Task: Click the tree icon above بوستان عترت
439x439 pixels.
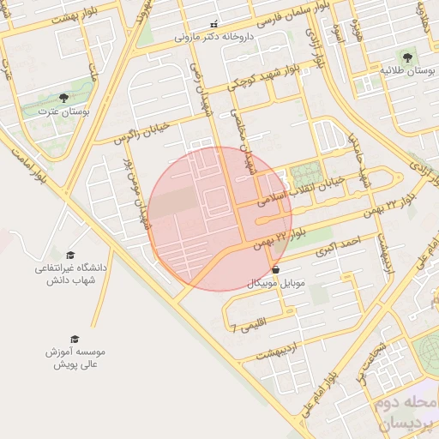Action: [x=64, y=98]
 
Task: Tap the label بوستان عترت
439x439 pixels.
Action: [x=64, y=111]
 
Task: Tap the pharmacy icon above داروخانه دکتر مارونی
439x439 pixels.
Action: [x=213, y=24]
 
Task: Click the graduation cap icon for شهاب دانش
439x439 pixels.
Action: [x=70, y=255]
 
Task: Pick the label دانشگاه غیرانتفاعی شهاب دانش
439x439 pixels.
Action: [x=70, y=274]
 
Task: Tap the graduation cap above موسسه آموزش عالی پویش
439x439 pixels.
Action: [x=74, y=339]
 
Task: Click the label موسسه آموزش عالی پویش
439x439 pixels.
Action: [x=78, y=358]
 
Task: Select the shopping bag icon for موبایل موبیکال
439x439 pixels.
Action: [x=274, y=269]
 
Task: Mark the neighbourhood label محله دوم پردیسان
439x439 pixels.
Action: [x=404, y=413]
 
